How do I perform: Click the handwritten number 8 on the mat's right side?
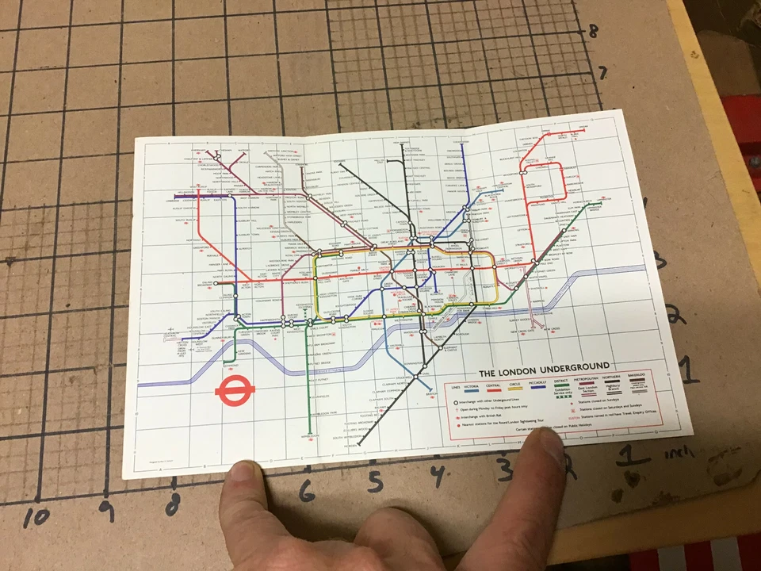click(592, 33)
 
